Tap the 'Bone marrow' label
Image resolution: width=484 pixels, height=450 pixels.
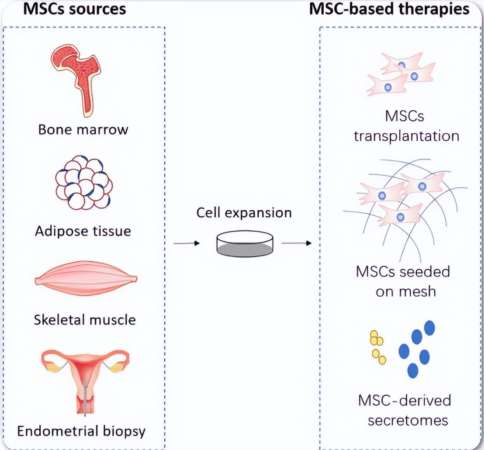point(83,130)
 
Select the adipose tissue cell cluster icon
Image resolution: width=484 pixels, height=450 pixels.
point(83,183)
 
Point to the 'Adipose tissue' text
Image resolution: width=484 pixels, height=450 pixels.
point(83,230)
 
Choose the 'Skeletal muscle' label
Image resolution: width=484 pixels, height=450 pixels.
point(85,320)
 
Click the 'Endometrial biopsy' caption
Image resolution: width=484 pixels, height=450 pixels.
point(81,432)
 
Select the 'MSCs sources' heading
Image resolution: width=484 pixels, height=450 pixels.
point(74,9)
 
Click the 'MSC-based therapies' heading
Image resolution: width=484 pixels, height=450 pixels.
point(389,9)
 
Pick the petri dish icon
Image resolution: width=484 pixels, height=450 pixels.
point(245,244)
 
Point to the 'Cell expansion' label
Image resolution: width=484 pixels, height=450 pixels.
point(244,213)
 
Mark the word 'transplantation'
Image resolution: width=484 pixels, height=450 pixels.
point(406,136)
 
